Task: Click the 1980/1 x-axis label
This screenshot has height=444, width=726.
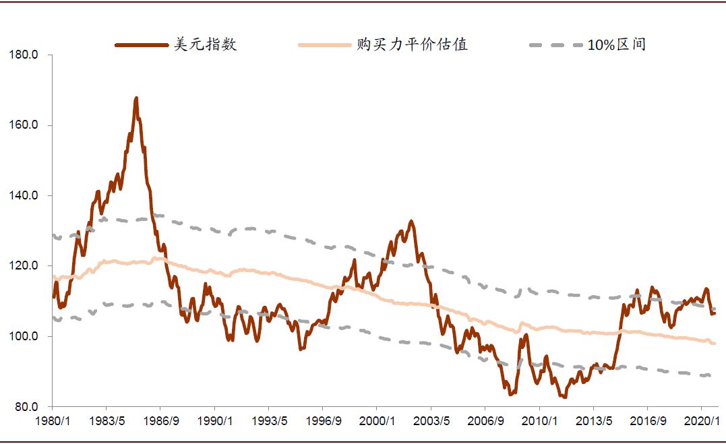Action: pyautogui.click(x=52, y=421)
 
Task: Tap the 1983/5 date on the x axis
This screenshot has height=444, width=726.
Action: pyautogui.click(x=106, y=421)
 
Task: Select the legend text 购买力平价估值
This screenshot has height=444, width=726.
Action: pyautogui.click(x=412, y=45)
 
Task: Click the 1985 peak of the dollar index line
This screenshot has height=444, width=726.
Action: pyautogui.click(x=136, y=98)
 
